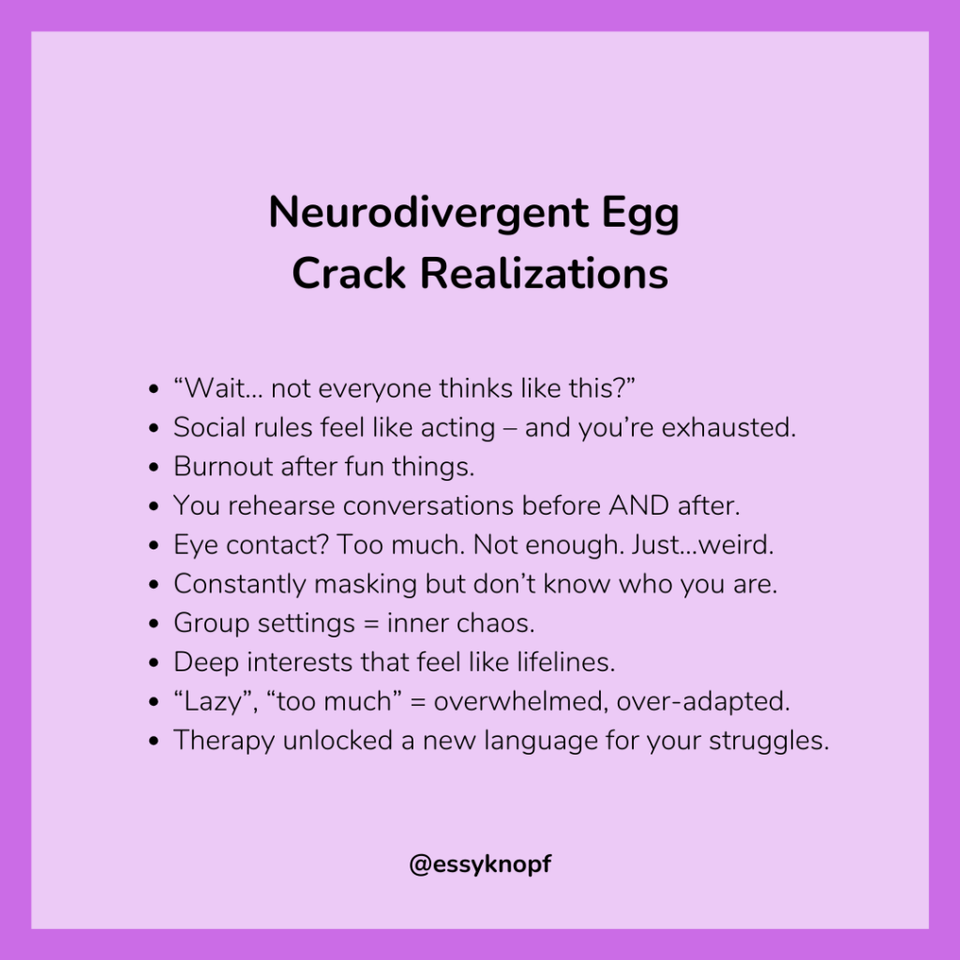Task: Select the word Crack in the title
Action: pos(348,274)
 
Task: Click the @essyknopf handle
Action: pos(480,864)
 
